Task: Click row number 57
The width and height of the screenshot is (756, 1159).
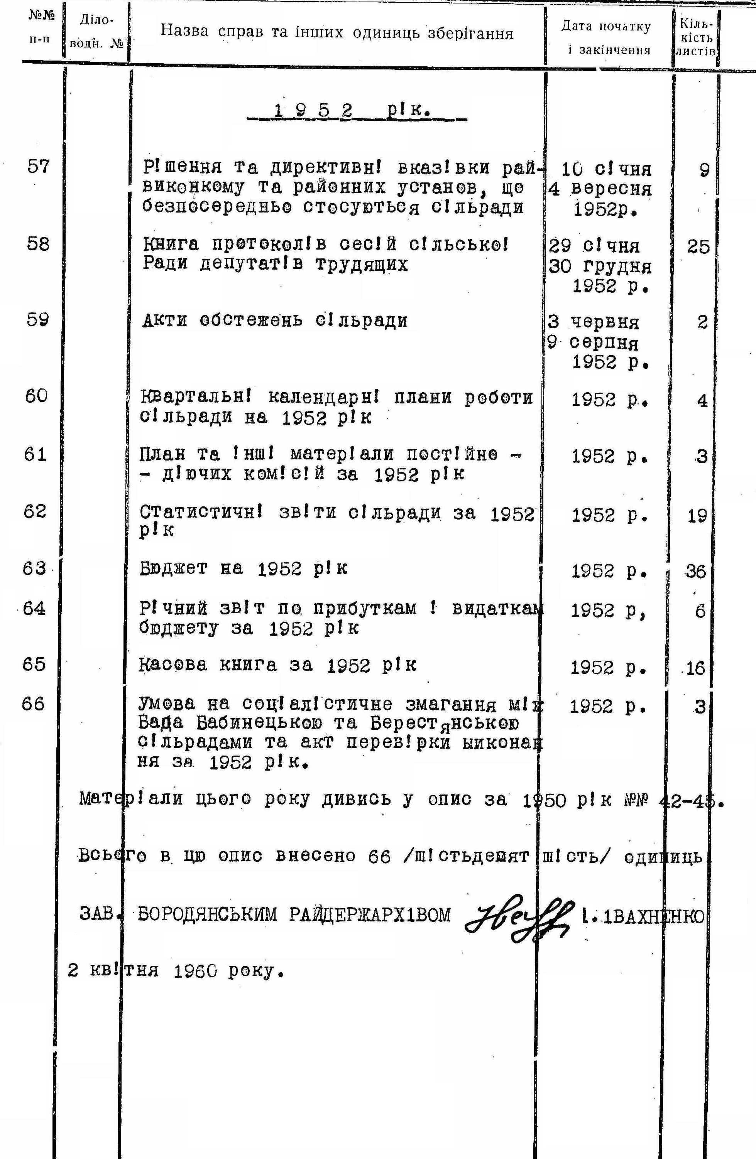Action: (38, 167)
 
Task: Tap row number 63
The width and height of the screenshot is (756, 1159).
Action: (34, 568)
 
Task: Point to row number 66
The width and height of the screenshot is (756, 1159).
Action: (33, 704)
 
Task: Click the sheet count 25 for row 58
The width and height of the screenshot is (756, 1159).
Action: (698, 247)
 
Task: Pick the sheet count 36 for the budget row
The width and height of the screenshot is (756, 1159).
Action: (695, 571)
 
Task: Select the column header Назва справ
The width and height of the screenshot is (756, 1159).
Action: (337, 33)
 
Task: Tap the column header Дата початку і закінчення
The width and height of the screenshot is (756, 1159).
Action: (606, 37)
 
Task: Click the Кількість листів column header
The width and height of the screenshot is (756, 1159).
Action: (696, 37)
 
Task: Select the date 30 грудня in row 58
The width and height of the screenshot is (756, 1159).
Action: (600, 267)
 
